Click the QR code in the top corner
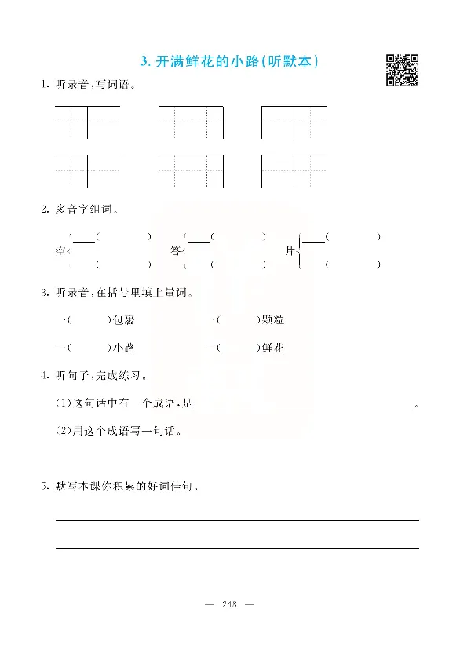point(401,70)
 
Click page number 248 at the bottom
point(230,603)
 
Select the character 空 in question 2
point(60,251)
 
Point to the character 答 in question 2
point(176,251)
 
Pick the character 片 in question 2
point(290,251)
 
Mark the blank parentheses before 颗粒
point(237,320)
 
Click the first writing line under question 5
point(236,520)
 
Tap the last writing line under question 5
point(236,548)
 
